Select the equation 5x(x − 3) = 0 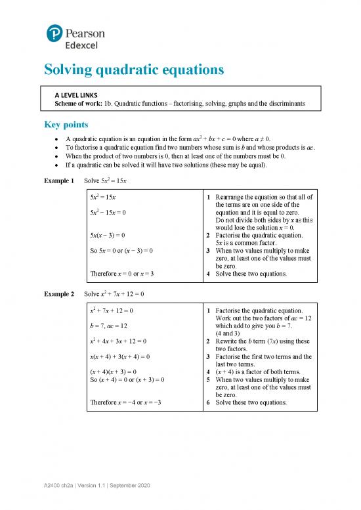pyautogui.click(x=108, y=234)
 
